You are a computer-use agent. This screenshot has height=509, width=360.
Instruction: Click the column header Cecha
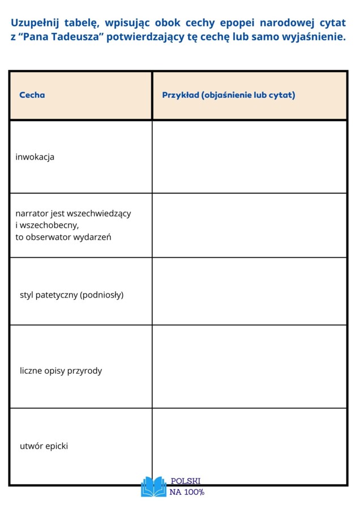coord(32,95)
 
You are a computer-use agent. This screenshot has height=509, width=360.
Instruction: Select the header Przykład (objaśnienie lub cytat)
coord(229,95)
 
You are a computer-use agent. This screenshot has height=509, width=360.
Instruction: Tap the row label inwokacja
coord(35,157)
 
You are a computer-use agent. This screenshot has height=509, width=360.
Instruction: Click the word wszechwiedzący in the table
coord(99,214)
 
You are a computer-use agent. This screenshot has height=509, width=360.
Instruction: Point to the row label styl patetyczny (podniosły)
coord(71,295)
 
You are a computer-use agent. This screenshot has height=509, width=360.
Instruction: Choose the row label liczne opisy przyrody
coord(61,371)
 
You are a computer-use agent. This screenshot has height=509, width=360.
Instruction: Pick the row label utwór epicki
coord(44,446)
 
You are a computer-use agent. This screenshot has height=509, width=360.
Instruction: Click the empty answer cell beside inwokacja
coord(249,157)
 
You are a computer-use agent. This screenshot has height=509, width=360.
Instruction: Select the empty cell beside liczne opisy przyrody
coord(249,366)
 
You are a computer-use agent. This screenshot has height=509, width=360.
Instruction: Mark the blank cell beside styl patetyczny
coord(249,291)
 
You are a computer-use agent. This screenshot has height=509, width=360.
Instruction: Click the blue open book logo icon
coord(153,486)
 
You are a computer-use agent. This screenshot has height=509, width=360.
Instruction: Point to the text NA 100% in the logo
coord(187,492)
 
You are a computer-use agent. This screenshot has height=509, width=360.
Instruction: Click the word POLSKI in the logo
coord(186,481)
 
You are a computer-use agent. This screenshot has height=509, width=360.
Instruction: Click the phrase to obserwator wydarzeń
coord(63,237)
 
